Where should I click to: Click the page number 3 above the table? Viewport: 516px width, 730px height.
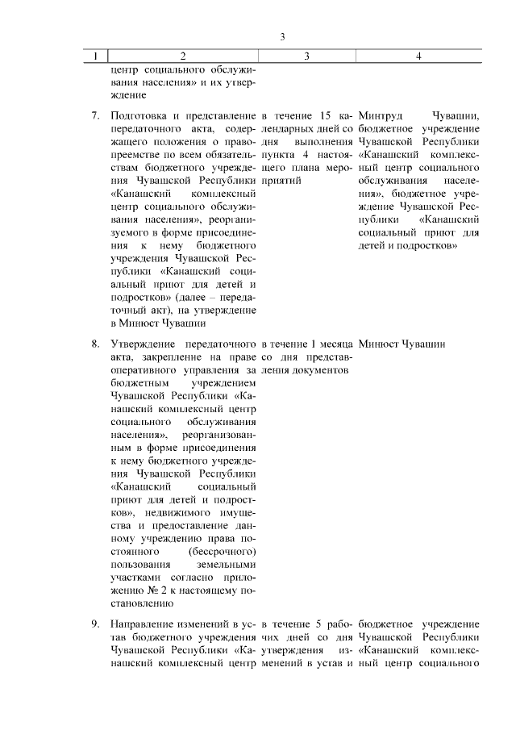(282, 37)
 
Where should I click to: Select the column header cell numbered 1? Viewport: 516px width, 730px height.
(96, 56)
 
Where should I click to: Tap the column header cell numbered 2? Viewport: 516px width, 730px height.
(183, 56)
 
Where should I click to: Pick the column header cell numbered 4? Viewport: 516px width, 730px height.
(418, 56)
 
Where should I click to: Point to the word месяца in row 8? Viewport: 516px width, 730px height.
(330, 344)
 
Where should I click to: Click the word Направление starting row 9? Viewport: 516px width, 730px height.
(143, 624)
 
